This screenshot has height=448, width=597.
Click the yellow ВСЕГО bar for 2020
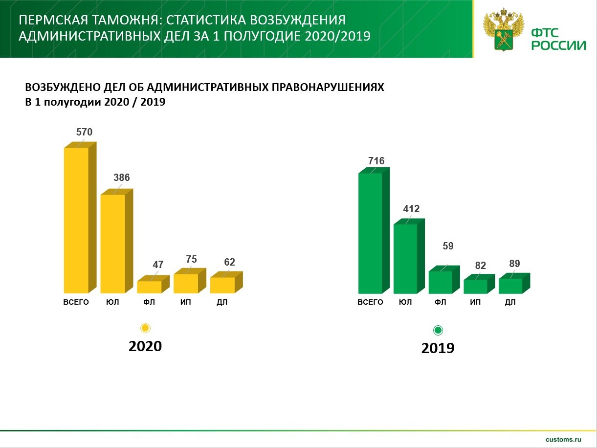click(80, 218)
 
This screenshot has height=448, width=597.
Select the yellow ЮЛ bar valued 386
click(116, 241)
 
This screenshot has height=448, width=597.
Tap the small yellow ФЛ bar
click(153, 284)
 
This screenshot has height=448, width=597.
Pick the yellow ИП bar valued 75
click(190, 281)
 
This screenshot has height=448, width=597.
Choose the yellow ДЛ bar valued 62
click(226, 282)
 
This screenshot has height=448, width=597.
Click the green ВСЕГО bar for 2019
click(374, 230)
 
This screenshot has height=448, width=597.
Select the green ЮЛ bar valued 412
click(409, 256)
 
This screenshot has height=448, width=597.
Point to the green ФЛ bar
click(444, 280)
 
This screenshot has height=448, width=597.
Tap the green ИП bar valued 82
click(479, 284)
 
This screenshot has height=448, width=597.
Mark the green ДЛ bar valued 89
click(514, 283)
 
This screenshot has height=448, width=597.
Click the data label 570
click(84, 132)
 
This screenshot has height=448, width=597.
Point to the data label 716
click(376, 161)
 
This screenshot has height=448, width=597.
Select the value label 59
click(448, 246)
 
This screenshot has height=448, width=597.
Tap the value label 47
click(158, 265)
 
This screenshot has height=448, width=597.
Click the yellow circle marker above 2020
click(145, 328)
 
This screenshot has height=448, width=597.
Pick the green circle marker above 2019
click(438, 330)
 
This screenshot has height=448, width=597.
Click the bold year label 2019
click(438, 348)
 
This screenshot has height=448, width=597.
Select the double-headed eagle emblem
click(504, 29)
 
